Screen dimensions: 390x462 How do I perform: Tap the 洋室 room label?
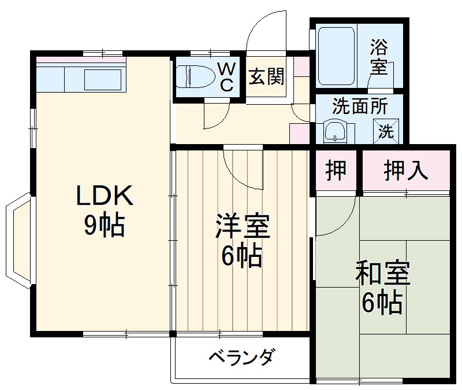click(243, 226)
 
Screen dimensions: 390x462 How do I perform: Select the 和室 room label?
click(382, 274)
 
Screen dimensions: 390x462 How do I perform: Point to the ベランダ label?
click(241, 356)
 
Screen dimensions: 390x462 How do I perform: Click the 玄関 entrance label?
click(266, 76)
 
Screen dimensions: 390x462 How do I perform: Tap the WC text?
click(226, 78)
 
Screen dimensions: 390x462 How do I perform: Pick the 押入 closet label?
click(406, 170)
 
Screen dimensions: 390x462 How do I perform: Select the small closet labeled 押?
click(337, 170)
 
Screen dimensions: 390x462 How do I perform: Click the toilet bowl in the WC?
click(194, 76)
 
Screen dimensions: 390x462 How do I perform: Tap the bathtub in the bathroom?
click(336, 56)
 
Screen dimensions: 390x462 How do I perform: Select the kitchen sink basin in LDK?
click(103, 79)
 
